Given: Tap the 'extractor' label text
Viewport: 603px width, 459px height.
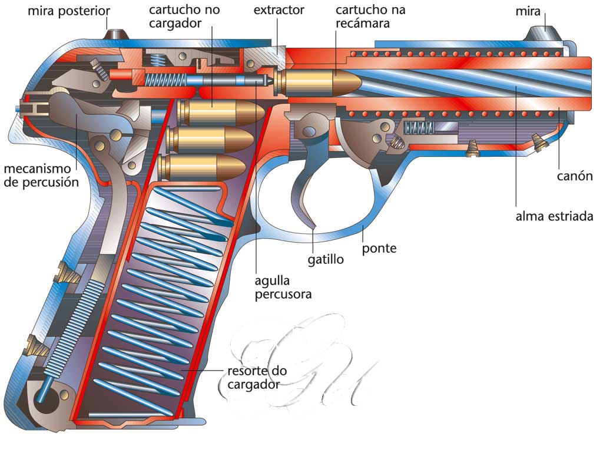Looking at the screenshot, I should point(279,10).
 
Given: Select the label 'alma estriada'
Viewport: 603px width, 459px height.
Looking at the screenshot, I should point(554,216).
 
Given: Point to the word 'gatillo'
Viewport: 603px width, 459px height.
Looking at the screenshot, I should point(325,259).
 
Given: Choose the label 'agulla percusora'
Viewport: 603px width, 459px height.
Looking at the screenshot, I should point(283,286).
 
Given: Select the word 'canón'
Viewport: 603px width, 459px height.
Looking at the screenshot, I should point(574,177).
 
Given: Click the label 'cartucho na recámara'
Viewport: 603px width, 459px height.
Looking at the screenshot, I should point(370,17).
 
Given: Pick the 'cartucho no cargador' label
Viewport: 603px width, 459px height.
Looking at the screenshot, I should point(175,17).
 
